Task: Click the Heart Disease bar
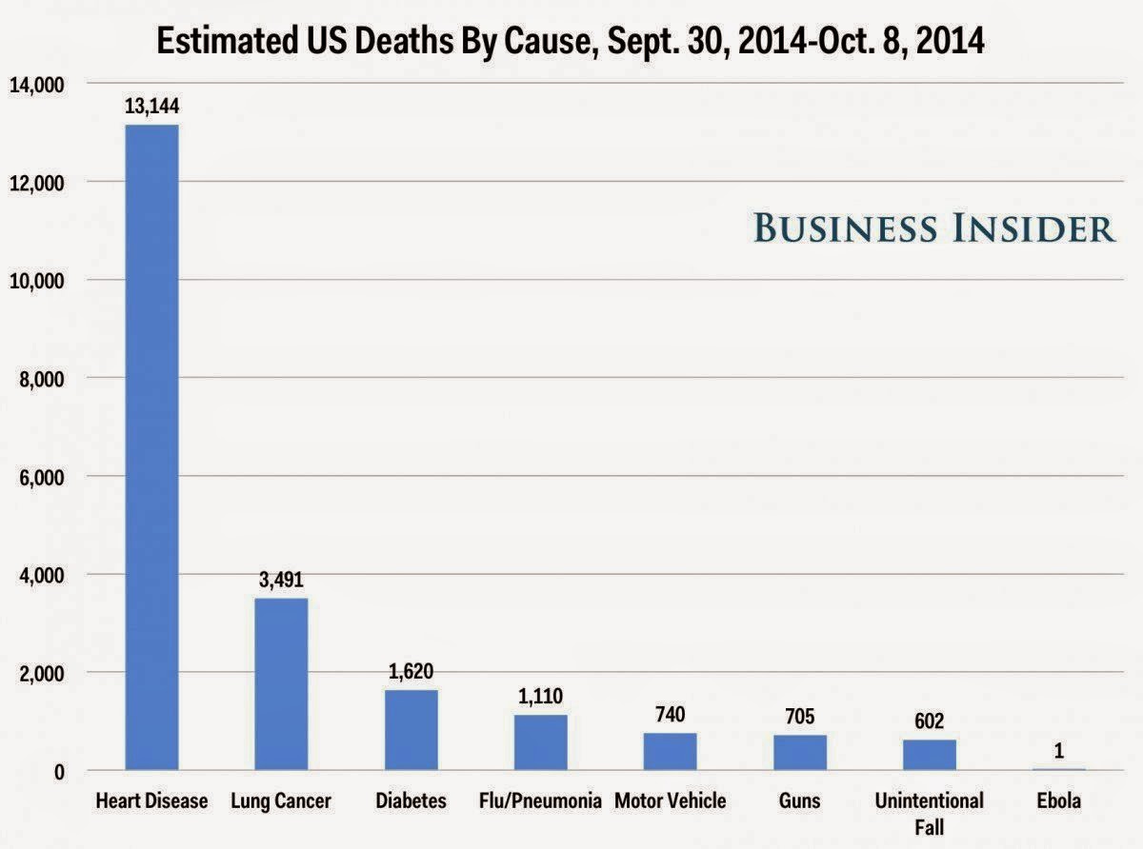coord(151,447)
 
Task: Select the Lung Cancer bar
coord(281,683)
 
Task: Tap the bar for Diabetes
coord(411,730)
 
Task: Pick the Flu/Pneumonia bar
coord(540,742)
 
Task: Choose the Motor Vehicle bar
coord(670,751)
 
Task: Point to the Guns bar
coord(799,752)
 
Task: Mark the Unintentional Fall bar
coord(929,755)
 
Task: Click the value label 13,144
coord(151,107)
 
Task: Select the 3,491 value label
coord(281,579)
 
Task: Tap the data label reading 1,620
coord(411,671)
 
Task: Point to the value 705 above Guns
coord(799,716)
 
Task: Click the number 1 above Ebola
coord(1058,751)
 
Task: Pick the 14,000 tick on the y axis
coord(36,85)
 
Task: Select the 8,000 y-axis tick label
coord(40,379)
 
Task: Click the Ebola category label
coord(1058,800)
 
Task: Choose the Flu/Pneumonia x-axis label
coord(540,800)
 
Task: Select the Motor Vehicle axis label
coord(670,800)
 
